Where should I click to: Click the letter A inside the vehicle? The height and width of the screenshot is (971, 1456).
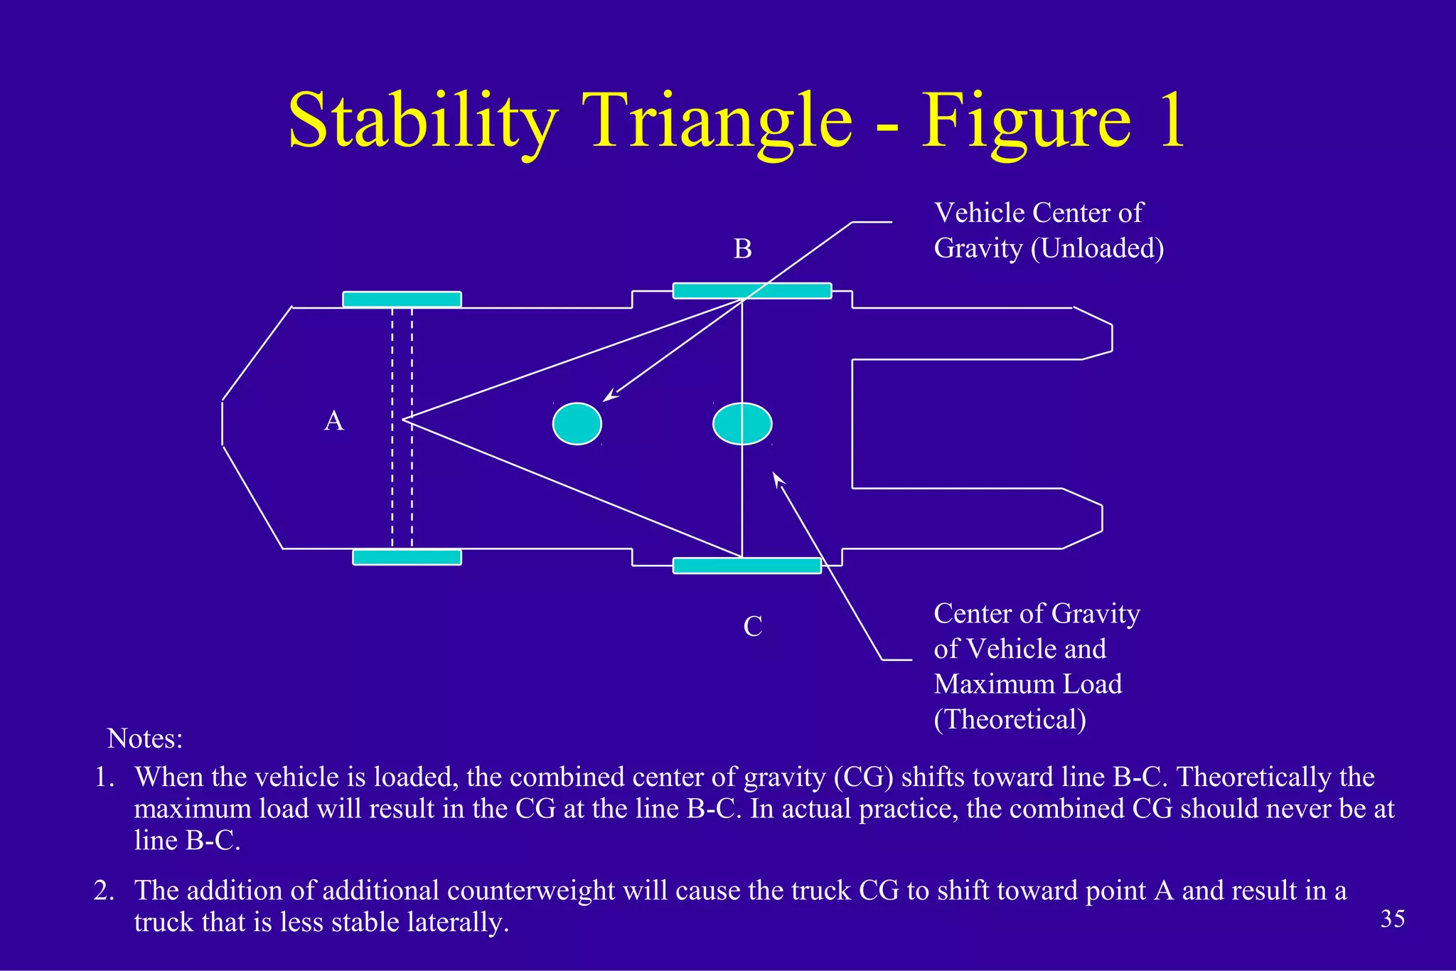click(334, 421)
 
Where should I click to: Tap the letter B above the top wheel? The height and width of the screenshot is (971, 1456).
click(742, 249)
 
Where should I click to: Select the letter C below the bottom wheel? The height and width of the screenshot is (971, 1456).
click(752, 627)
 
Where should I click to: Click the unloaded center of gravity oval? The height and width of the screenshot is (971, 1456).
click(577, 424)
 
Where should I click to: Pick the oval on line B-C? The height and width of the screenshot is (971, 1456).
click(742, 424)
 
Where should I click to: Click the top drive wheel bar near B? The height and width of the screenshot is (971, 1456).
click(752, 291)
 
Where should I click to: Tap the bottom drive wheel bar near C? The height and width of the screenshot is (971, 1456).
click(746, 566)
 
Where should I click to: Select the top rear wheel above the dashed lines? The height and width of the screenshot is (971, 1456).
click(402, 299)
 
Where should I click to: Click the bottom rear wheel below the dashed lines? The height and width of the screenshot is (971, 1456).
click(407, 557)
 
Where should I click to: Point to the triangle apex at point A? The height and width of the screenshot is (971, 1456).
click(404, 420)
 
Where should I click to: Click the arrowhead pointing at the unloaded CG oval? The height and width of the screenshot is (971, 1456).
click(608, 397)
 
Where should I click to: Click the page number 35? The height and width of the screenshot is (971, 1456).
click(1392, 919)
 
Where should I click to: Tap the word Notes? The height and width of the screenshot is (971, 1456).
click(145, 738)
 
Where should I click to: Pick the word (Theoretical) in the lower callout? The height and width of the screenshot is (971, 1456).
click(1010, 719)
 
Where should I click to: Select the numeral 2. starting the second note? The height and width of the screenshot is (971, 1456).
click(104, 891)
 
